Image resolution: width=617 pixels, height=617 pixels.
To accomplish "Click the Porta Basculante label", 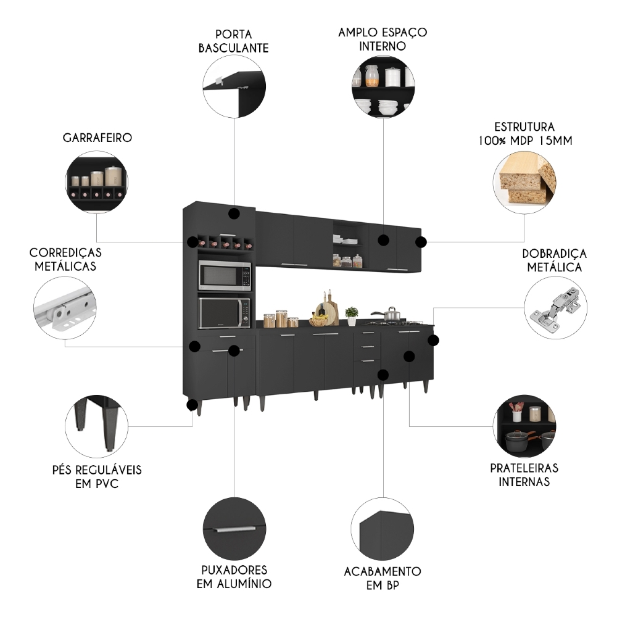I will click(x=233, y=41).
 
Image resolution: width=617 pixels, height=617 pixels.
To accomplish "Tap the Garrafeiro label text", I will click(x=97, y=138).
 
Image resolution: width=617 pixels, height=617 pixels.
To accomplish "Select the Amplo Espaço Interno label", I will click(x=383, y=38).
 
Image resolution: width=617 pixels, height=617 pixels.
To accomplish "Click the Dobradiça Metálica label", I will click(x=554, y=260).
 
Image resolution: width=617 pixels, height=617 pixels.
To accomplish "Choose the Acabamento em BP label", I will click(x=383, y=578).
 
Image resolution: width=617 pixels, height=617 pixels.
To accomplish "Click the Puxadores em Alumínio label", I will click(x=234, y=576).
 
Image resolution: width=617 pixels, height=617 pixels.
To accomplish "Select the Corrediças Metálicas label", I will click(x=65, y=260).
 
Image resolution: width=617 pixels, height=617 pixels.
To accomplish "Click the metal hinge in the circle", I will click(x=555, y=307).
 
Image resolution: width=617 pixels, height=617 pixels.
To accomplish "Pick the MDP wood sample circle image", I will click(x=524, y=179).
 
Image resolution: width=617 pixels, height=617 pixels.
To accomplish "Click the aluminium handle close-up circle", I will click(x=234, y=528).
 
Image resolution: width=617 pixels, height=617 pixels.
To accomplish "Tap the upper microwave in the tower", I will click(x=224, y=275).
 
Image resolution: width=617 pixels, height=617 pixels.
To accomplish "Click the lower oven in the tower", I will click(x=224, y=313).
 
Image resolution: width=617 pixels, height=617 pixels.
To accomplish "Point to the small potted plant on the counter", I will click(x=352, y=315).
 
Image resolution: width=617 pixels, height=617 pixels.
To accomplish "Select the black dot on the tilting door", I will click(x=233, y=214).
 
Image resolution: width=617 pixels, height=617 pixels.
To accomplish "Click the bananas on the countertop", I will click(x=318, y=320).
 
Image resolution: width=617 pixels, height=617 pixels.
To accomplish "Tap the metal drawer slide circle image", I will click(x=65, y=307).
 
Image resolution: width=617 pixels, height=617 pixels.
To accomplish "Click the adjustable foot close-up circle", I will click(x=96, y=426).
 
